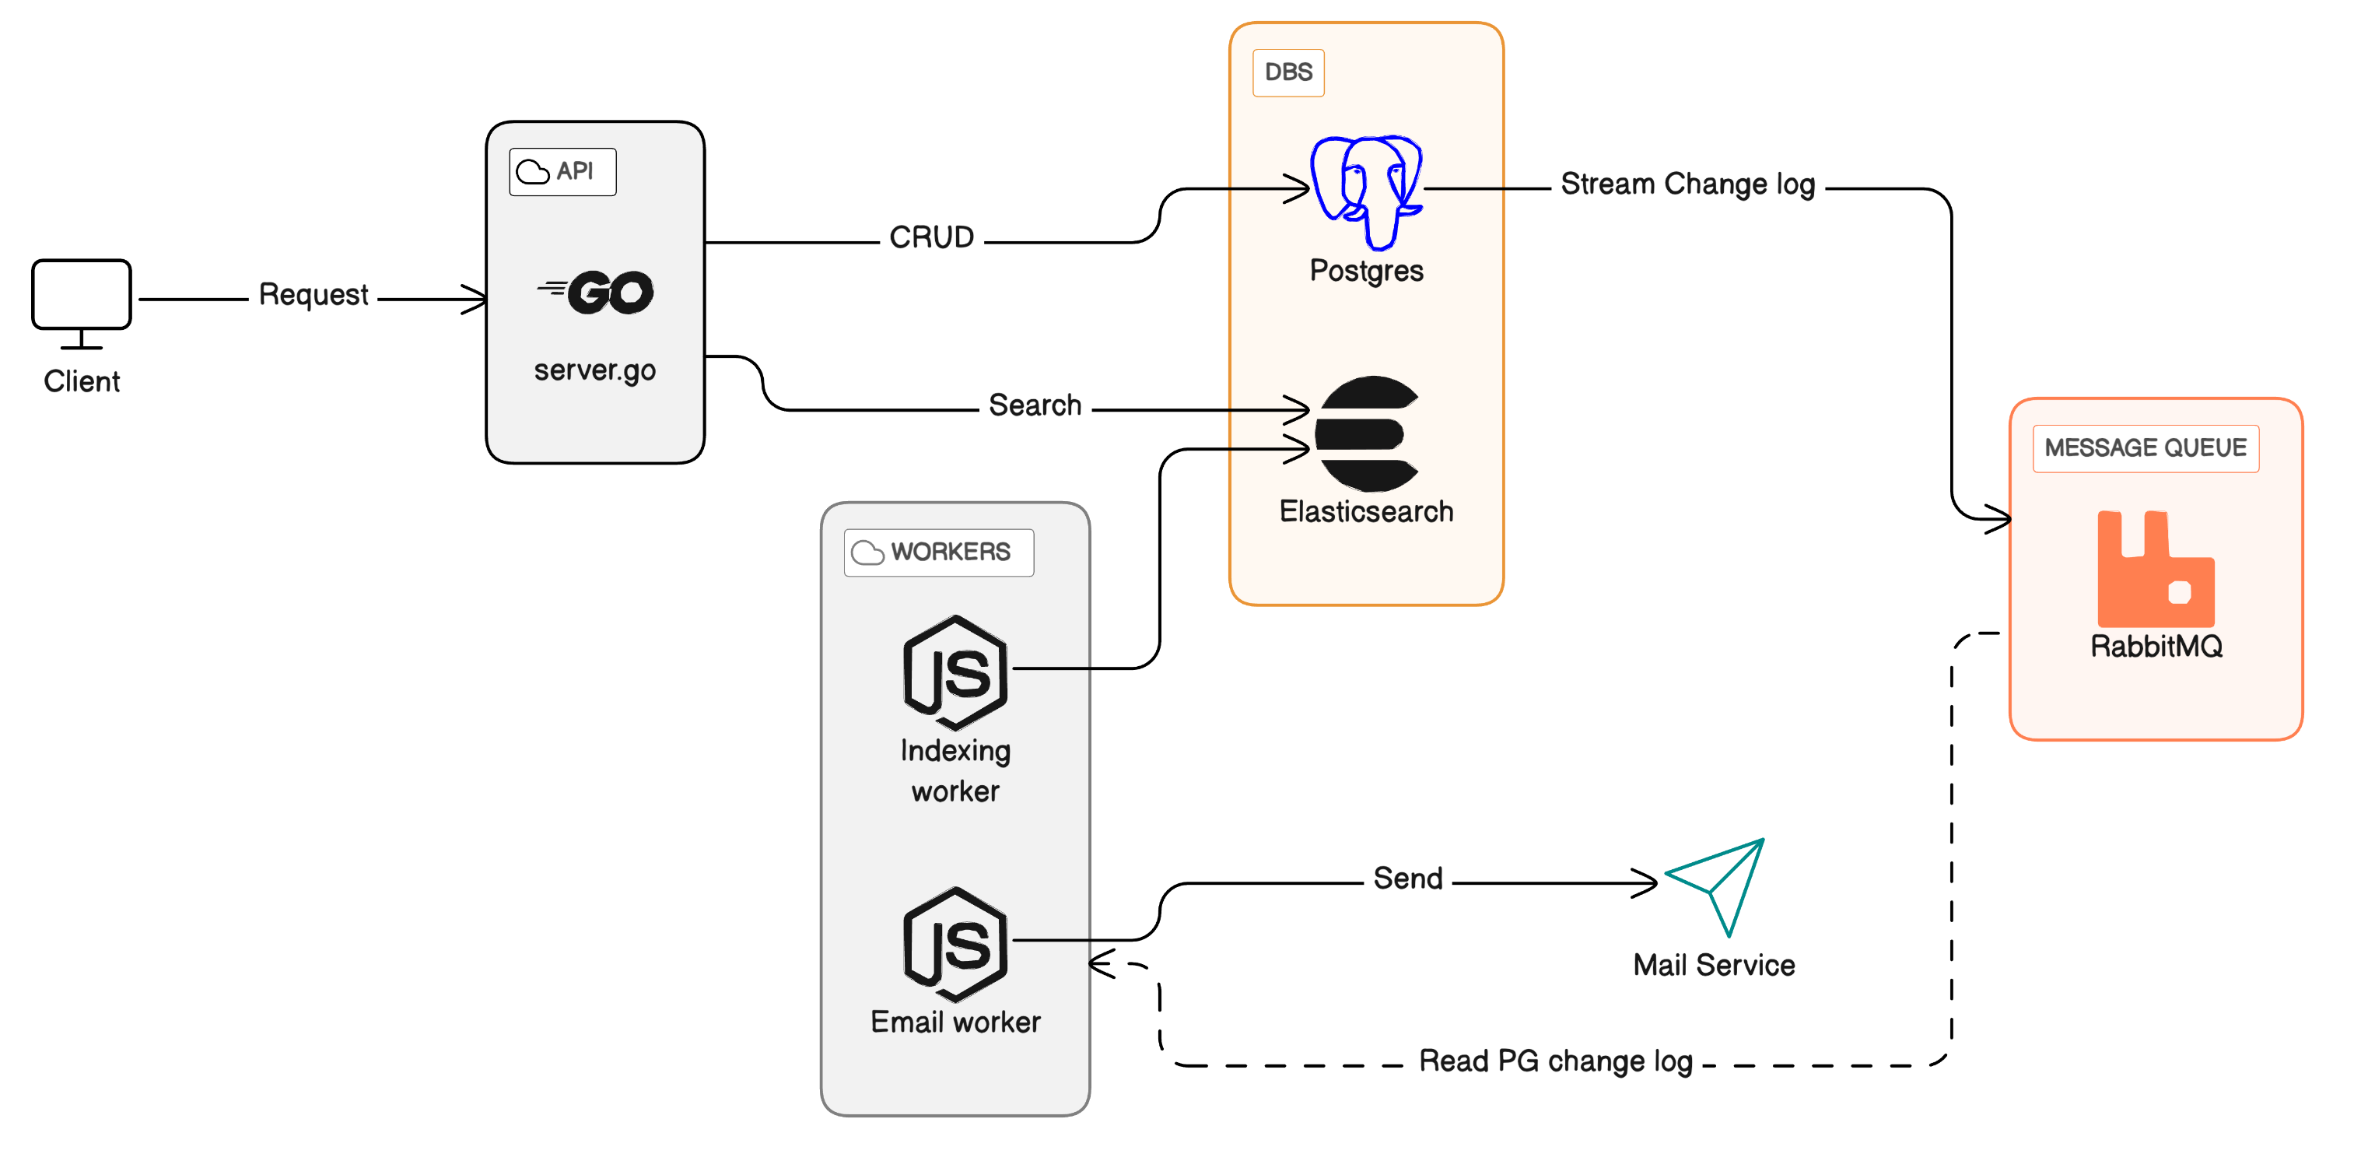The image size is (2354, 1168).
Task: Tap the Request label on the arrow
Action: pos(314,295)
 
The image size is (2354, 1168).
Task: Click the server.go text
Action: pos(595,370)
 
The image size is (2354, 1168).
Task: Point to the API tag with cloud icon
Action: pos(562,172)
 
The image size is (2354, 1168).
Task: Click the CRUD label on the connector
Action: pos(931,237)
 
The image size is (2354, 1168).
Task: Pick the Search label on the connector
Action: pos(1035,405)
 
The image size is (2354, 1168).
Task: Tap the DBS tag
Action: pos(1287,72)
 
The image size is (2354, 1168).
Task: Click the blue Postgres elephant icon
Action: pos(1366,191)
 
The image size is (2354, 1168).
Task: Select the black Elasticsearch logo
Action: pos(1366,434)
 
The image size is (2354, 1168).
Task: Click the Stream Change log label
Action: pos(1687,184)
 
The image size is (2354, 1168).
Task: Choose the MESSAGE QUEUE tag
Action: pos(2145,448)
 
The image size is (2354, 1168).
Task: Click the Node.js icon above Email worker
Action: pos(955,944)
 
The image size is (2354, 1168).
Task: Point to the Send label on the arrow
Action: pos(1407,879)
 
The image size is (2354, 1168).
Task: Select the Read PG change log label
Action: pos(1555,1061)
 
